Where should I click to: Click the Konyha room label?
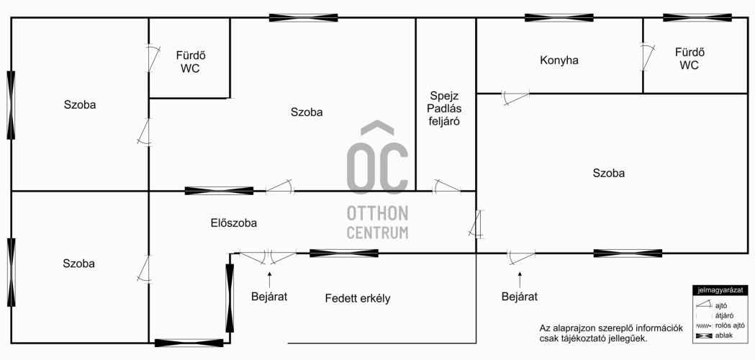tap(559, 60)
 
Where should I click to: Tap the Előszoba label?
tap(233, 223)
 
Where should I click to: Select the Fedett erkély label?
tap(358, 299)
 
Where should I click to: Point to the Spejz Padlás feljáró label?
tap(445, 109)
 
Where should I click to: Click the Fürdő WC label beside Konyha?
tap(690, 59)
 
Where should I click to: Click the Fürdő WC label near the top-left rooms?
tap(190, 62)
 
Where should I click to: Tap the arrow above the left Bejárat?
tap(269, 279)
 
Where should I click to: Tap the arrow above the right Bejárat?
tap(520, 279)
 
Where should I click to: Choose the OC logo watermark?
tap(377, 158)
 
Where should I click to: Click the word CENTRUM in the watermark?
tap(377, 233)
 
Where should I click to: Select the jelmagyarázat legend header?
tap(720, 290)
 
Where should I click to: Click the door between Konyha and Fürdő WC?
tap(648, 58)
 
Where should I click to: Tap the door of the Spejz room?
tap(447, 186)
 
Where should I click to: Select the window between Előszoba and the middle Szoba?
tap(219, 191)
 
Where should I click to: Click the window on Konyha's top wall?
tap(559, 18)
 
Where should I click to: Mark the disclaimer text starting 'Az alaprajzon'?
tap(611, 333)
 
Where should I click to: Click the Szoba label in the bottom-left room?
tap(78, 264)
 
